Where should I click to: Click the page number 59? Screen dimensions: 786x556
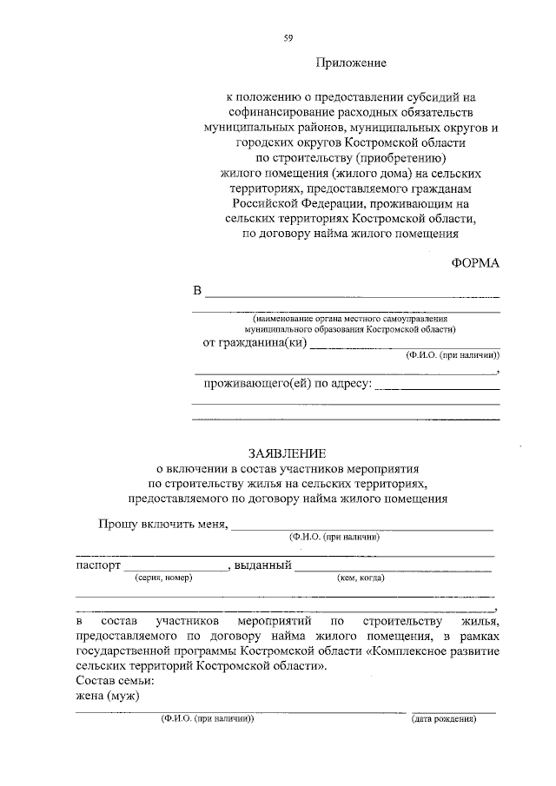click(x=287, y=36)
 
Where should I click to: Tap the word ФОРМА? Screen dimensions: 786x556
click(x=476, y=262)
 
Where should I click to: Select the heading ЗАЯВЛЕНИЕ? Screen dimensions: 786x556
click(x=287, y=453)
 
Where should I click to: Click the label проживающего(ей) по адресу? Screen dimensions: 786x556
click(x=288, y=383)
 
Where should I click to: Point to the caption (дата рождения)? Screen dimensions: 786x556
click(x=444, y=720)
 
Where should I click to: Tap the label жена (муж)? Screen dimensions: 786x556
click(x=108, y=697)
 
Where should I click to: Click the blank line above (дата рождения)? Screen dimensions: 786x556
click(x=453, y=712)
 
